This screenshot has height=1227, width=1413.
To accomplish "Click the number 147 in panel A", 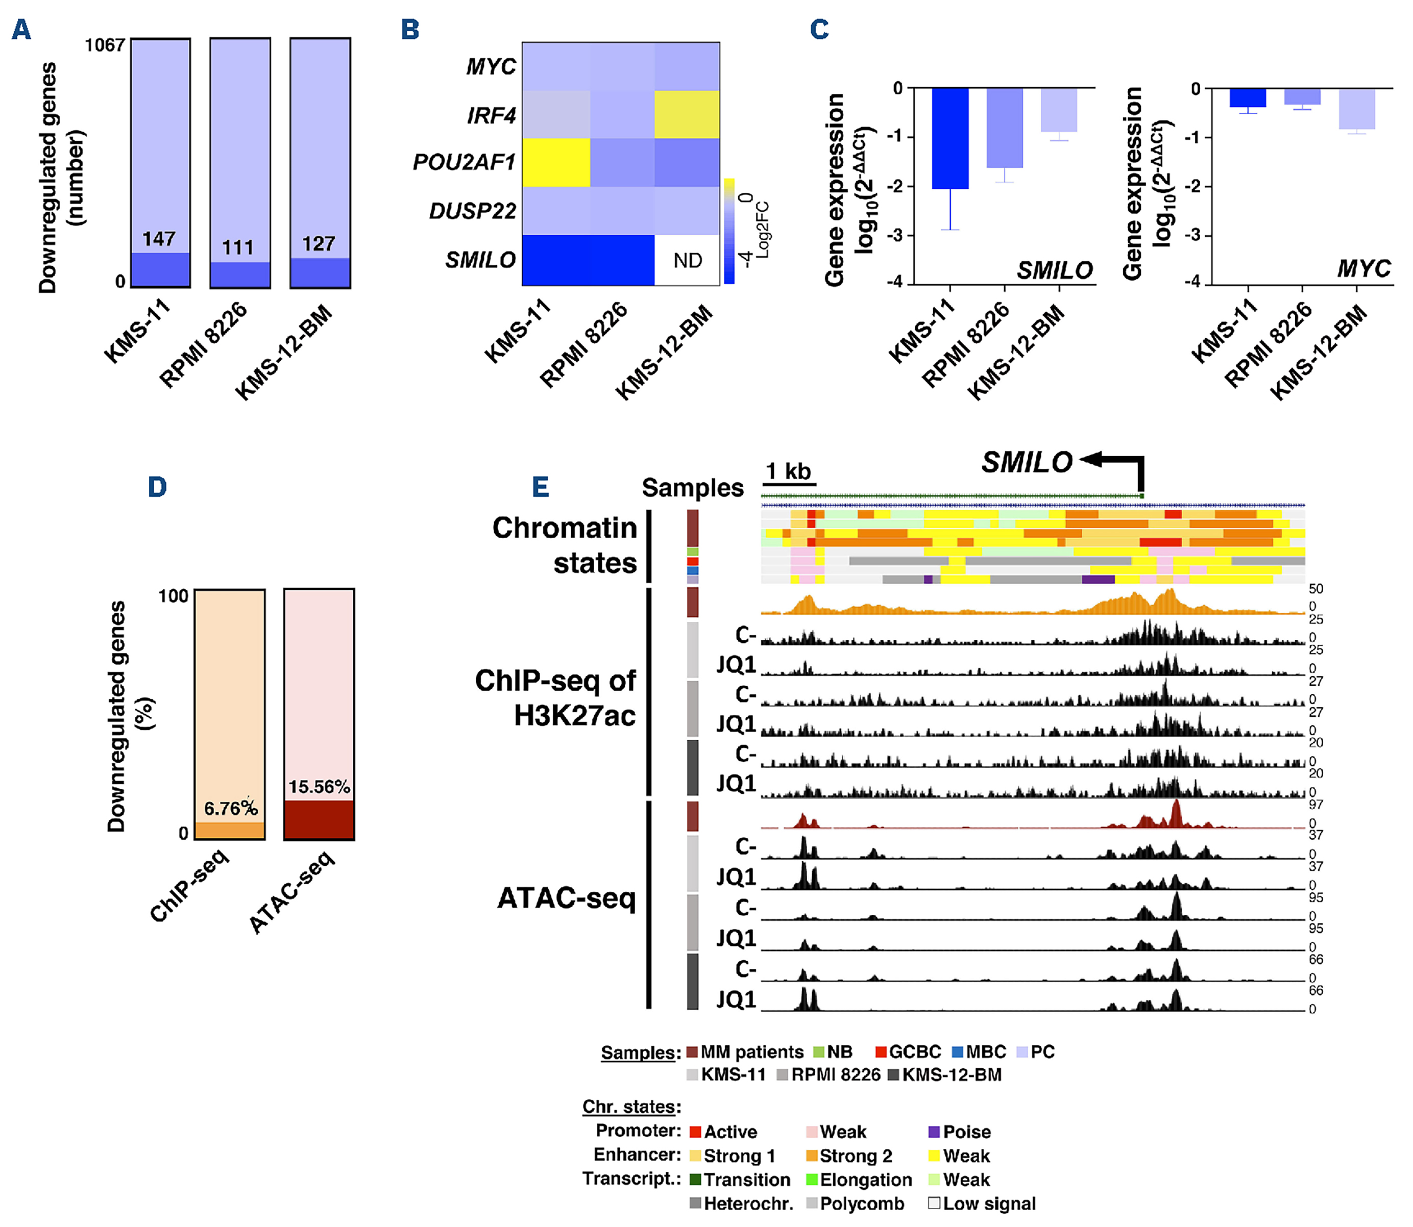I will (x=159, y=239).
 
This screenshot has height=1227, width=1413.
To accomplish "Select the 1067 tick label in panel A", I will (x=105, y=46).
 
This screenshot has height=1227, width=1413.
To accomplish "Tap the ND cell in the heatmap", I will (x=687, y=260).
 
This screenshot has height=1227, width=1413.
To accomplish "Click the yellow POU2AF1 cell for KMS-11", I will (x=556, y=162).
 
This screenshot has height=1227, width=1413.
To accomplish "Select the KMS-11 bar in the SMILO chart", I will (x=950, y=138).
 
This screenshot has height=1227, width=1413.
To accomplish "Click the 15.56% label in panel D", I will (x=319, y=787).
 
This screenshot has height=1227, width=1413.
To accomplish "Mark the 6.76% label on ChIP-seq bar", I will (x=231, y=809).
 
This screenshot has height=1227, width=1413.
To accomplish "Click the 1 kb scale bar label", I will (x=788, y=471).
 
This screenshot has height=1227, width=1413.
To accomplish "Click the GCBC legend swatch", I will (x=881, y=1051).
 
